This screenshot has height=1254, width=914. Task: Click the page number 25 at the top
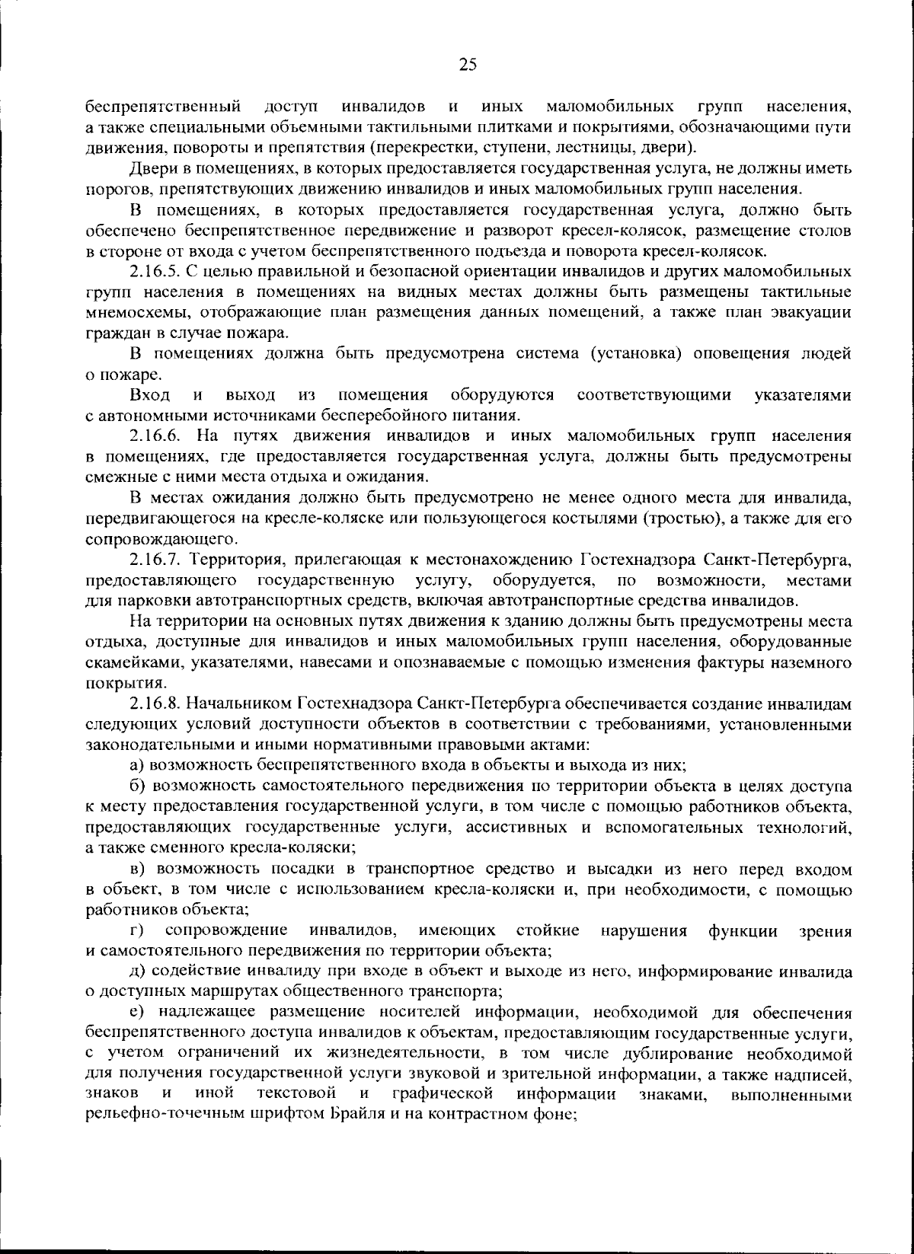468,65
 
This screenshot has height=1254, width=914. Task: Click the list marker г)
137,930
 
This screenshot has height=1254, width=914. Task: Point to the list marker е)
137,1012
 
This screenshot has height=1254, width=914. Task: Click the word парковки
142,602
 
